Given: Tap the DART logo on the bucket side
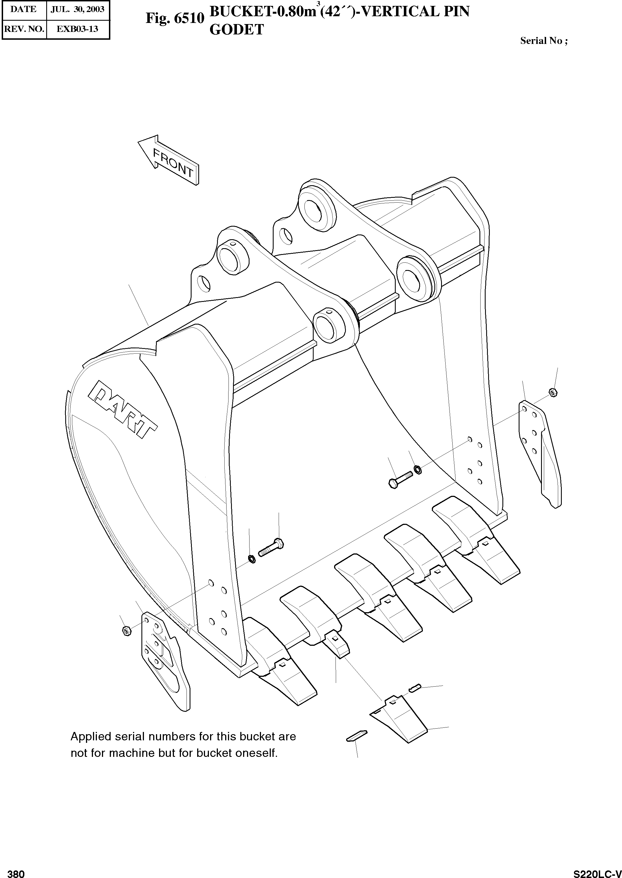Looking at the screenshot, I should click(123, 409).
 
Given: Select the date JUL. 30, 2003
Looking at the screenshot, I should click(78, 9).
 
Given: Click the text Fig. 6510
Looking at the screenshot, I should click(175, 18).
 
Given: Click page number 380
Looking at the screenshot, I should click(16, 871).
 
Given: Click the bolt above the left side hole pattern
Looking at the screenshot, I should click(271, 548).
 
